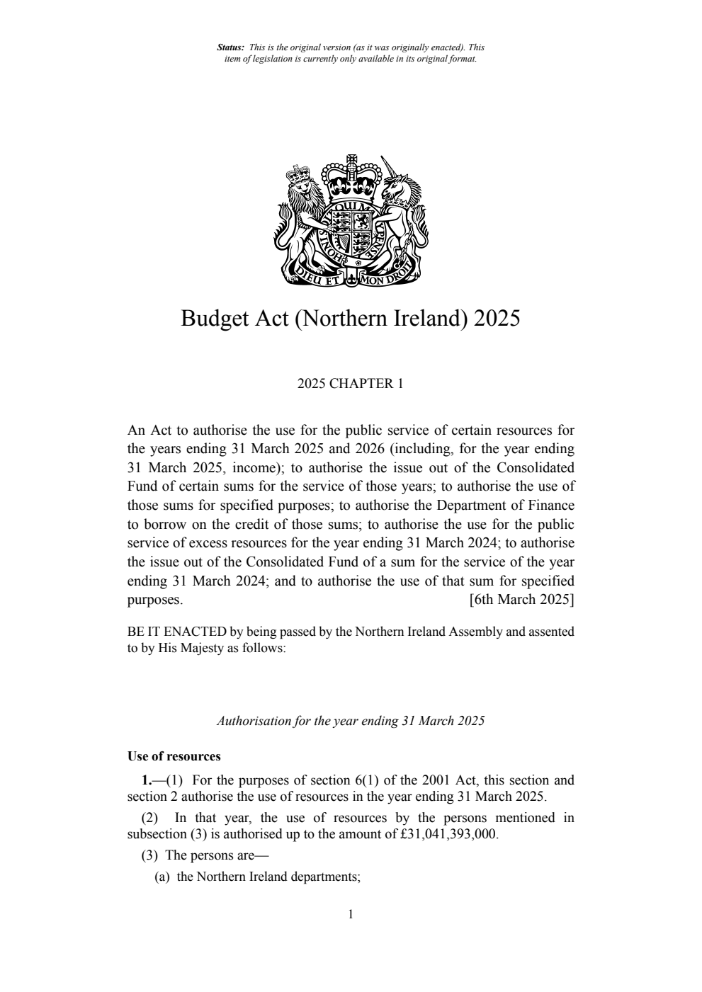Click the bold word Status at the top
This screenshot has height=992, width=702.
point(230,47)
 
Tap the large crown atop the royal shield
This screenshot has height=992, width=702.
point(351,177)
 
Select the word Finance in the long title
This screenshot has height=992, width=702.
point(551,506)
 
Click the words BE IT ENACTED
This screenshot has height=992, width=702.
point(176,631)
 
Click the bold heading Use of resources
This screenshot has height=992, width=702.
point(174,756)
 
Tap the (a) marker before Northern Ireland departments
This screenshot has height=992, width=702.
point(163,877)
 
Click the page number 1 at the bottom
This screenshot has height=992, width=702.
point(351,914)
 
